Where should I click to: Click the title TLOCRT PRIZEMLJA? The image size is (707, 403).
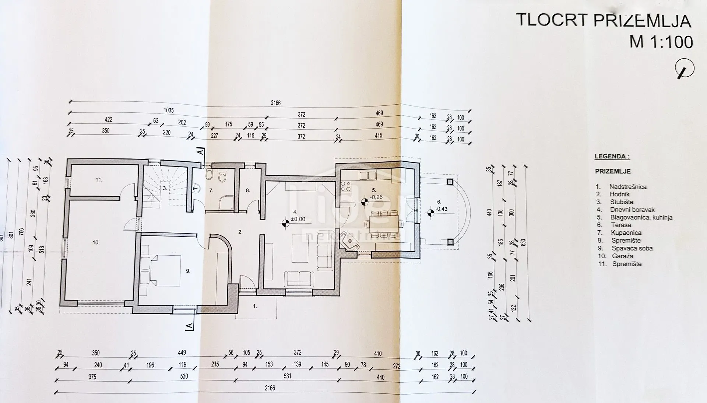[604, 20]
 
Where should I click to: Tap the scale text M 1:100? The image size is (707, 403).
[661, 42]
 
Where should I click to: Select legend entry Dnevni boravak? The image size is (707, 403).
[632, 210]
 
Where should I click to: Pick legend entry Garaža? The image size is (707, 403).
[622, 256]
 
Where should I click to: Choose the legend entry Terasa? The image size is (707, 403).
[620, 225]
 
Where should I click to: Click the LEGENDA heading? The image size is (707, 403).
[612, 157]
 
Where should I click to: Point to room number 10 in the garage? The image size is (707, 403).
[96, 242]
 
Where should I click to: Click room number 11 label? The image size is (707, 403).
[99, 180]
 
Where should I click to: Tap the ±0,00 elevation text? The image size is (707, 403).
[298, 219]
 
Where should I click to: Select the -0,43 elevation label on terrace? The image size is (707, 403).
[442, 209]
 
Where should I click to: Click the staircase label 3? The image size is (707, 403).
[165, 188]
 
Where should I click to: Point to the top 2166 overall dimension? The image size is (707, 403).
[275, 103]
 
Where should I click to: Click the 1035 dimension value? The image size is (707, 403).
[168, 111]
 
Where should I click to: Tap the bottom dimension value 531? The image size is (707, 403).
[288, 376]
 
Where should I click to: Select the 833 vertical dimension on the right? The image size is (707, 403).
[523, 242]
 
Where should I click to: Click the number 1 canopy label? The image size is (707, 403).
[254, 306]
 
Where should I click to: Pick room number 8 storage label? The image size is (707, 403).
[248, 190]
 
